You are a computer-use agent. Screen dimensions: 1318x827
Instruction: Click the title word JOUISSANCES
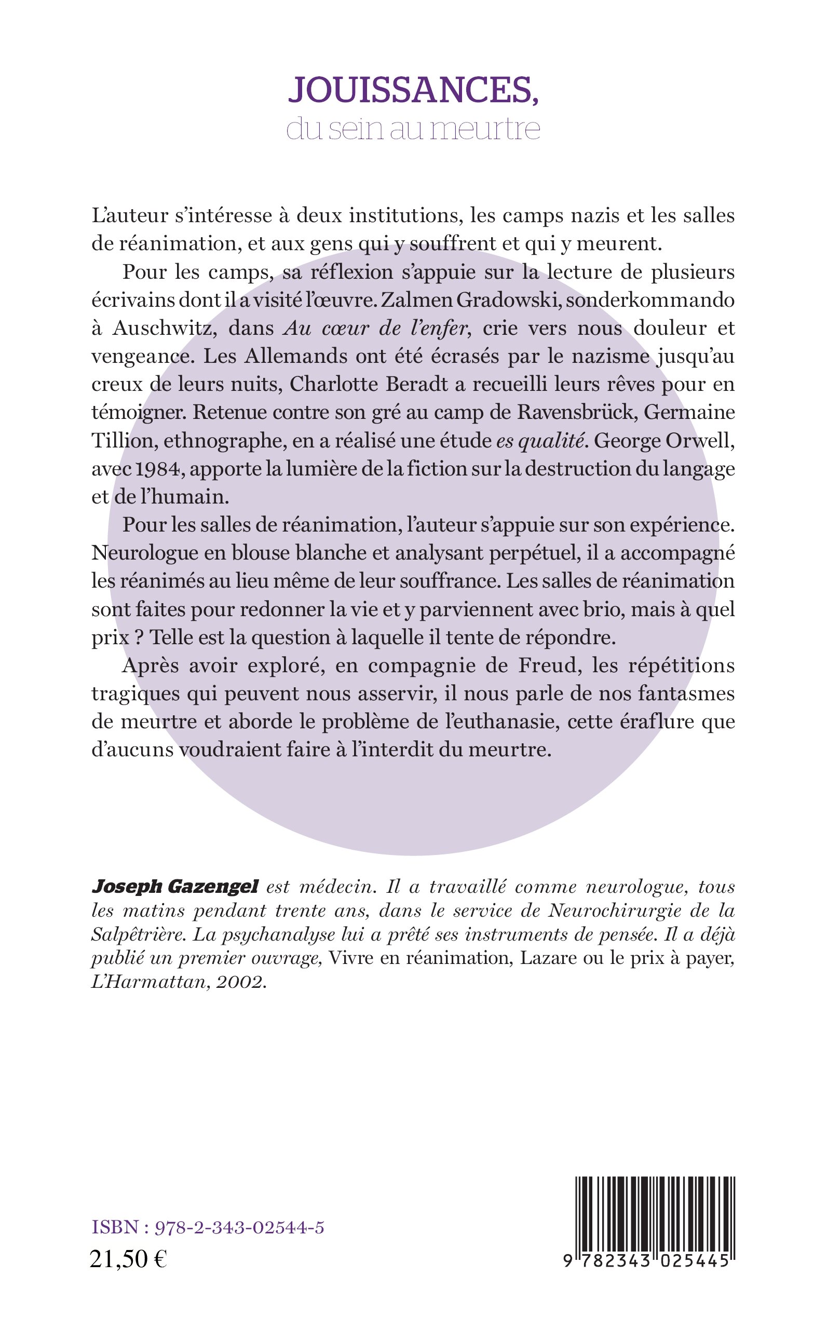click(413, 90)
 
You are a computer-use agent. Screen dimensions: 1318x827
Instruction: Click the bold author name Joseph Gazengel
click(174, 887)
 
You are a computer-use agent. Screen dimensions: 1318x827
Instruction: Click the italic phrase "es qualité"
click(540, 441)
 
